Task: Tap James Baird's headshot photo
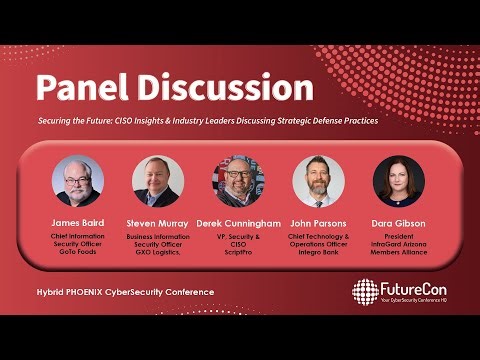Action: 78,181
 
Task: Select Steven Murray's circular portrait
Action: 158,181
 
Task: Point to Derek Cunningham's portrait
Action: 239,181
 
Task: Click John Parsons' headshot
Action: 319,181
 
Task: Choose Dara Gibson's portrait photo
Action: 399,181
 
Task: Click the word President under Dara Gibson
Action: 399,236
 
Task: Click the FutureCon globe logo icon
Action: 365,291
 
